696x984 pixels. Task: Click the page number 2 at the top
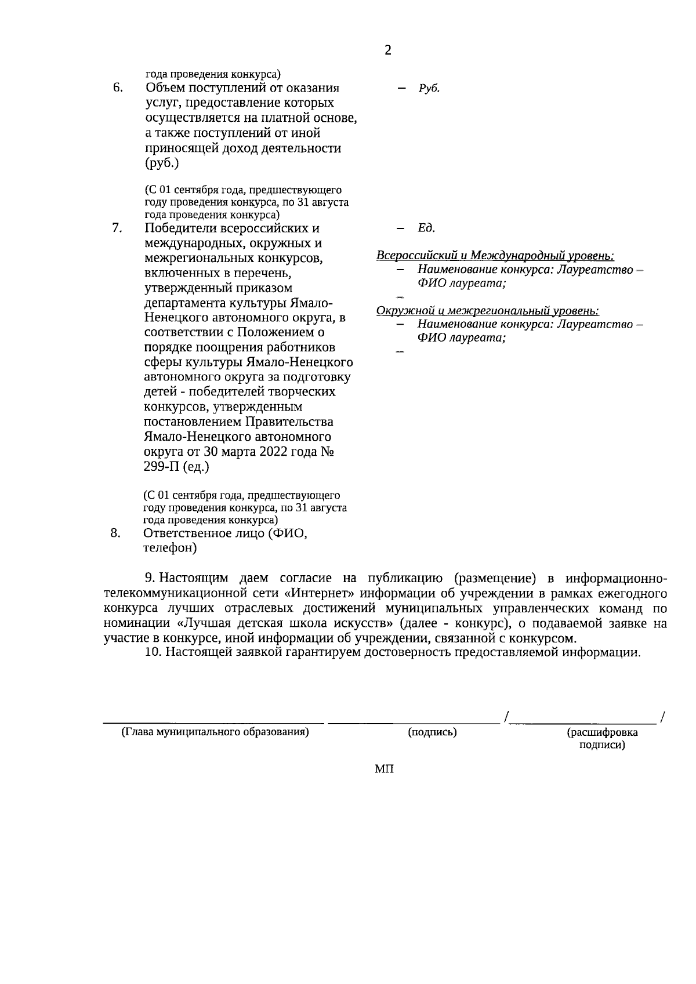tap(388, 50)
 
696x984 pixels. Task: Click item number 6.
tap(118, 88)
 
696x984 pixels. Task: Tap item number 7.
tap(117, 228)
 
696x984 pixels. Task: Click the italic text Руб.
tap(429, 88)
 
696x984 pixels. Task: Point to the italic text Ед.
tap(426, 228)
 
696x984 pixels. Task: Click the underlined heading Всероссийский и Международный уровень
tap(495, 256)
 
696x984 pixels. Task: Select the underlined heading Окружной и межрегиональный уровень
tap(488, 311)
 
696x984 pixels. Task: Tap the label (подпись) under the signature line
tap(433, 732)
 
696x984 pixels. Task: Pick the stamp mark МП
tap(384, 769)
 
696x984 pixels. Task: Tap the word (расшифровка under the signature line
tap(602, 732)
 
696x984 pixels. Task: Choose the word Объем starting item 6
tap(166, 88)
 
